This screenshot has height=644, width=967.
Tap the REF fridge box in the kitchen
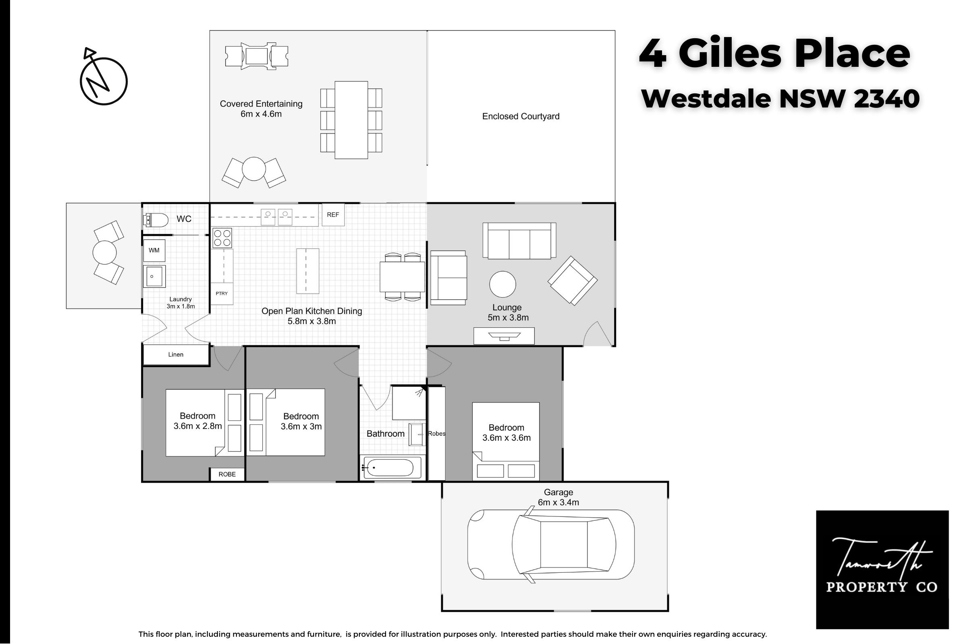pos(333,215)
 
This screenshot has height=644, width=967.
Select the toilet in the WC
pos(156,220)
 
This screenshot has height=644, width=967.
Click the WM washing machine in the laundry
pos(154,250)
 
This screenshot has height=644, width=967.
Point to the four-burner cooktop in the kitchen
pos(222,238)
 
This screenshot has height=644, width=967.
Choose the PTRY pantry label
pos(222,293)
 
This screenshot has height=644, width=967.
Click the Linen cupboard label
pos(176,355)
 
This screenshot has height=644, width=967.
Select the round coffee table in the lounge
pos(502,284)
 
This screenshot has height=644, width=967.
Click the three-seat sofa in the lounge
pos(519,241)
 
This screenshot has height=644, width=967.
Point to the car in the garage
pos(551,545)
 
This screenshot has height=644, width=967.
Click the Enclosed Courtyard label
pos(521,116)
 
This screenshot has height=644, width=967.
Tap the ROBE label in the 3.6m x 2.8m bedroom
pos(227,475)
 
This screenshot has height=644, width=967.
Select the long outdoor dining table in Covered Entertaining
pos(351,120)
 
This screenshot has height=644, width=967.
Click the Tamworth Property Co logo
pos(882,570)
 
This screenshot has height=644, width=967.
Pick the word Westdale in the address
pos(706,99)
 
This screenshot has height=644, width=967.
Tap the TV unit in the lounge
pos(504,336)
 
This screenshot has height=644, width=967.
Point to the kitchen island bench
pos(307,271)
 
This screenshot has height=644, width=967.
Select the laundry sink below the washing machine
pos(154,277)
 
